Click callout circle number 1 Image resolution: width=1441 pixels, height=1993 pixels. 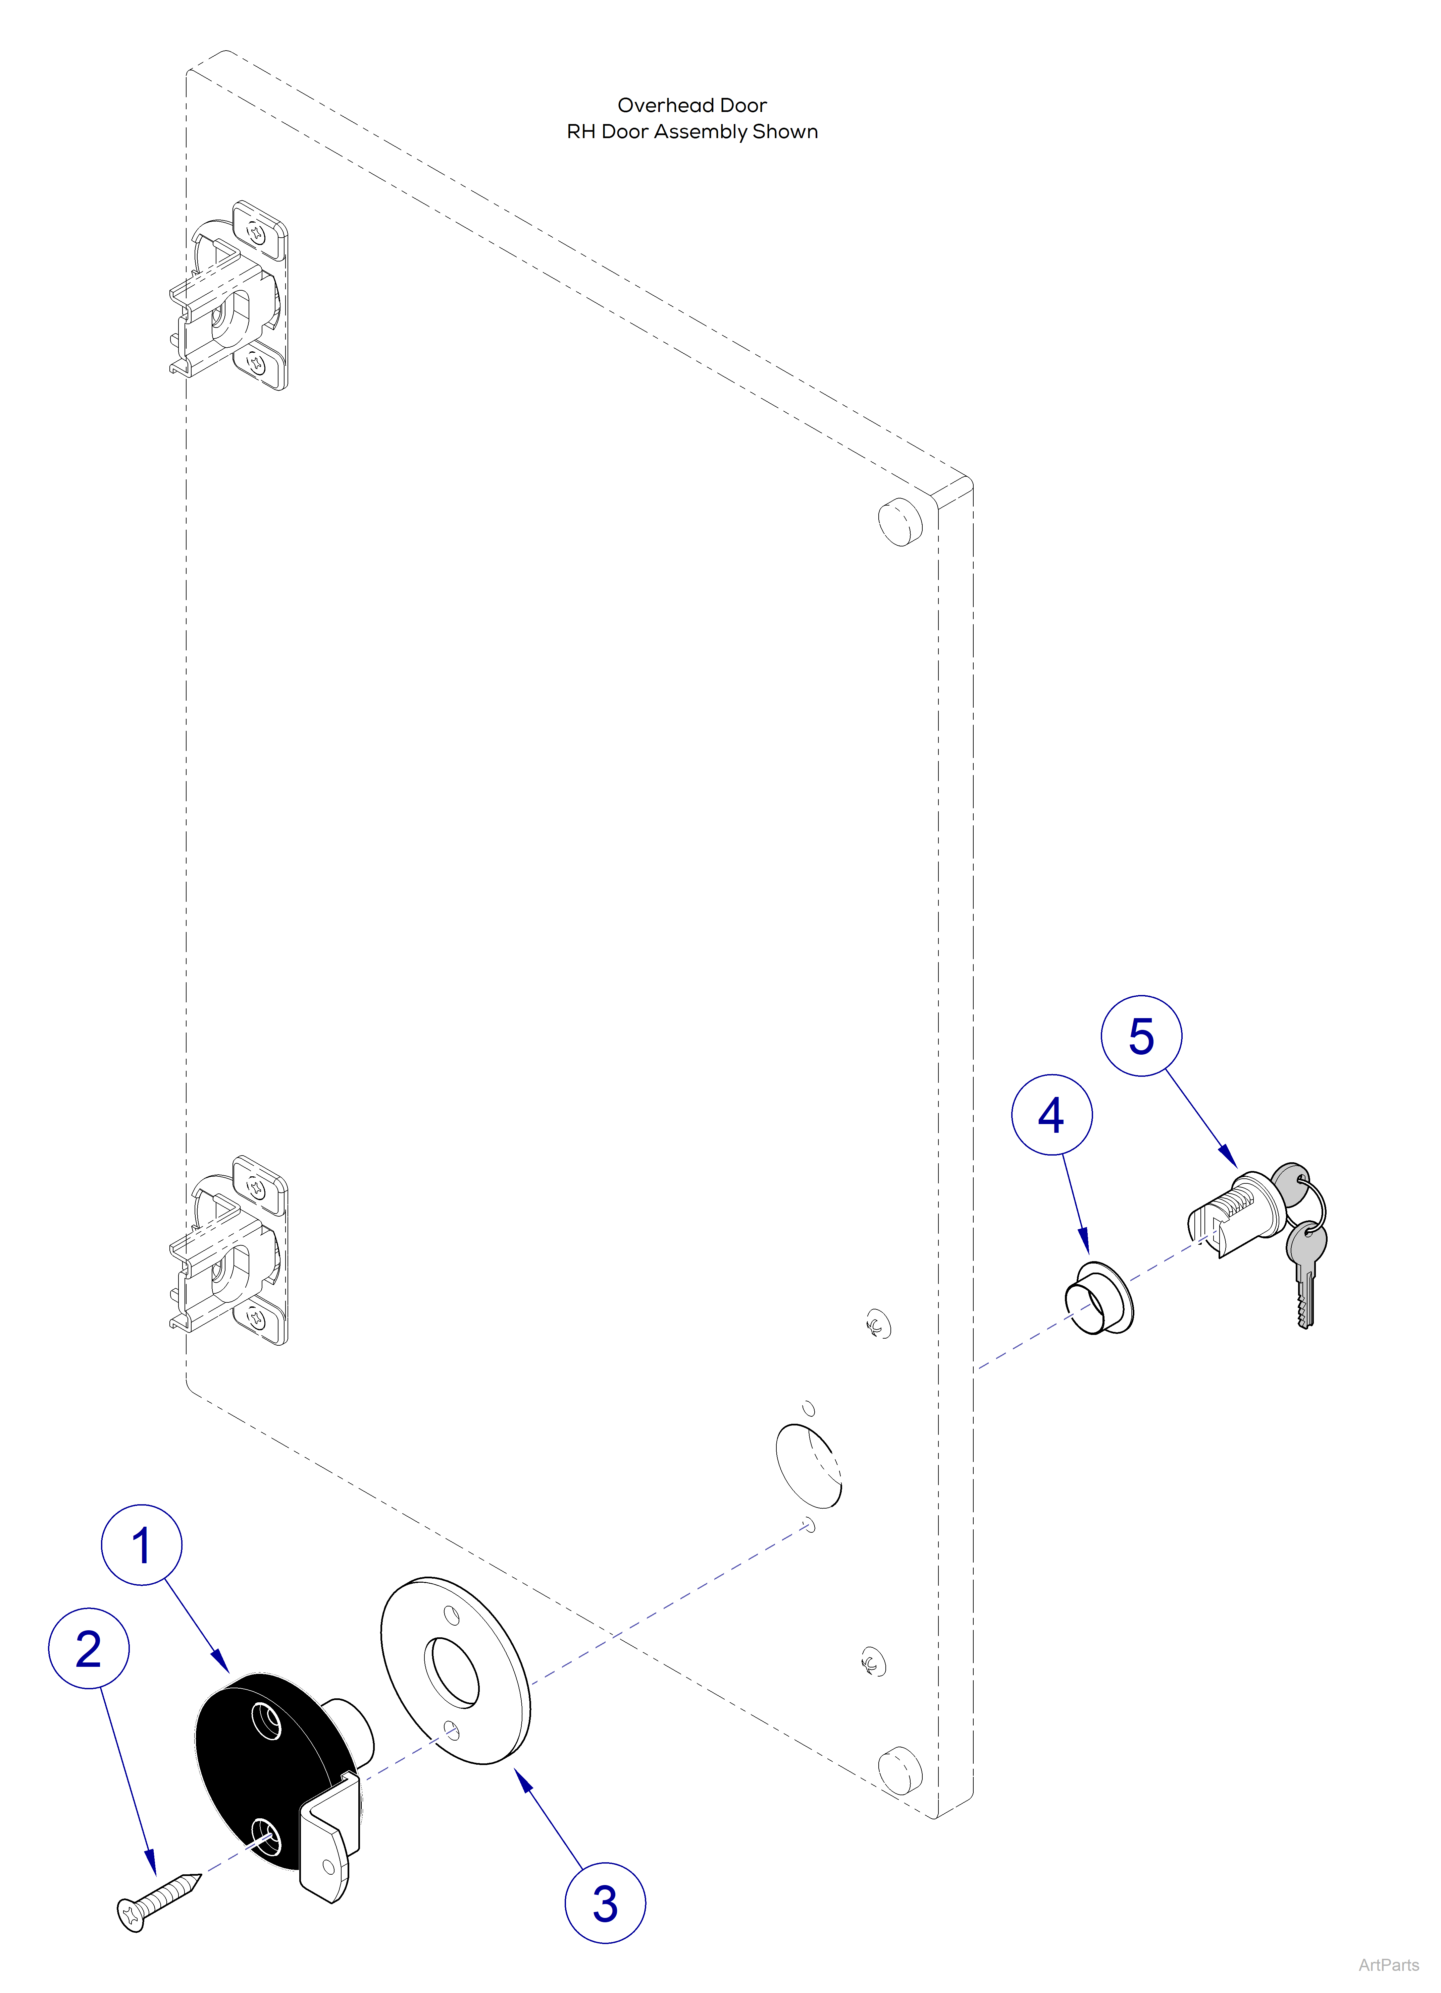pyautogui.click(x=142, y=1545)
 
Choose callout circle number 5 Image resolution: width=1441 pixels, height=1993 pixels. pyautogui.click(x=1141, y=1036)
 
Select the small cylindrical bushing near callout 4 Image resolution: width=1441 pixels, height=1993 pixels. pyautogui.click(x=1099, y=1299)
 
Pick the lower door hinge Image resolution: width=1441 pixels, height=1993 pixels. pyautogui.click(x=230, y=1250)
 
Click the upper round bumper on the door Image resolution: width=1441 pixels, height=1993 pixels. pyautogui.click(x=900, y=520)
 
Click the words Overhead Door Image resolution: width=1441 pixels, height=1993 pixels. pyautogui.click(x=692, y=106)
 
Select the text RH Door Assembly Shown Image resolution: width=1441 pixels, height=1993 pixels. pyautogui.click(x=692, y=132)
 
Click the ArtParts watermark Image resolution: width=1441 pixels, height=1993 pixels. pyautogui.click(x=1388, y=1965)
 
